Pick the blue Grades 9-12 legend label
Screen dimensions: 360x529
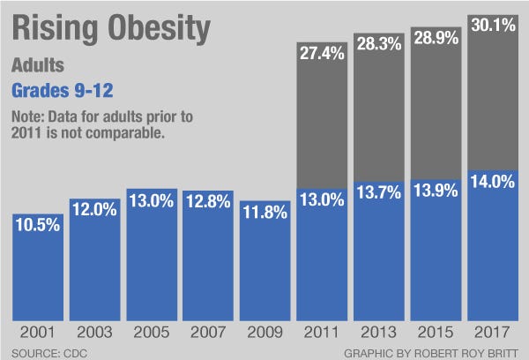pyautogui.click(x=64, y=90)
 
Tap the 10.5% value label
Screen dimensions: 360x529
pyautogui.click(x=38, y=225)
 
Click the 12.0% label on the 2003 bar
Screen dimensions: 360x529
pyautogui.click(x=94, y=212)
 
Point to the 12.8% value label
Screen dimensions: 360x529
pyautogui.click(x=209, y=203)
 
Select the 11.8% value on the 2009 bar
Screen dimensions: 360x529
pyautogui.click(x=265, y=214)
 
